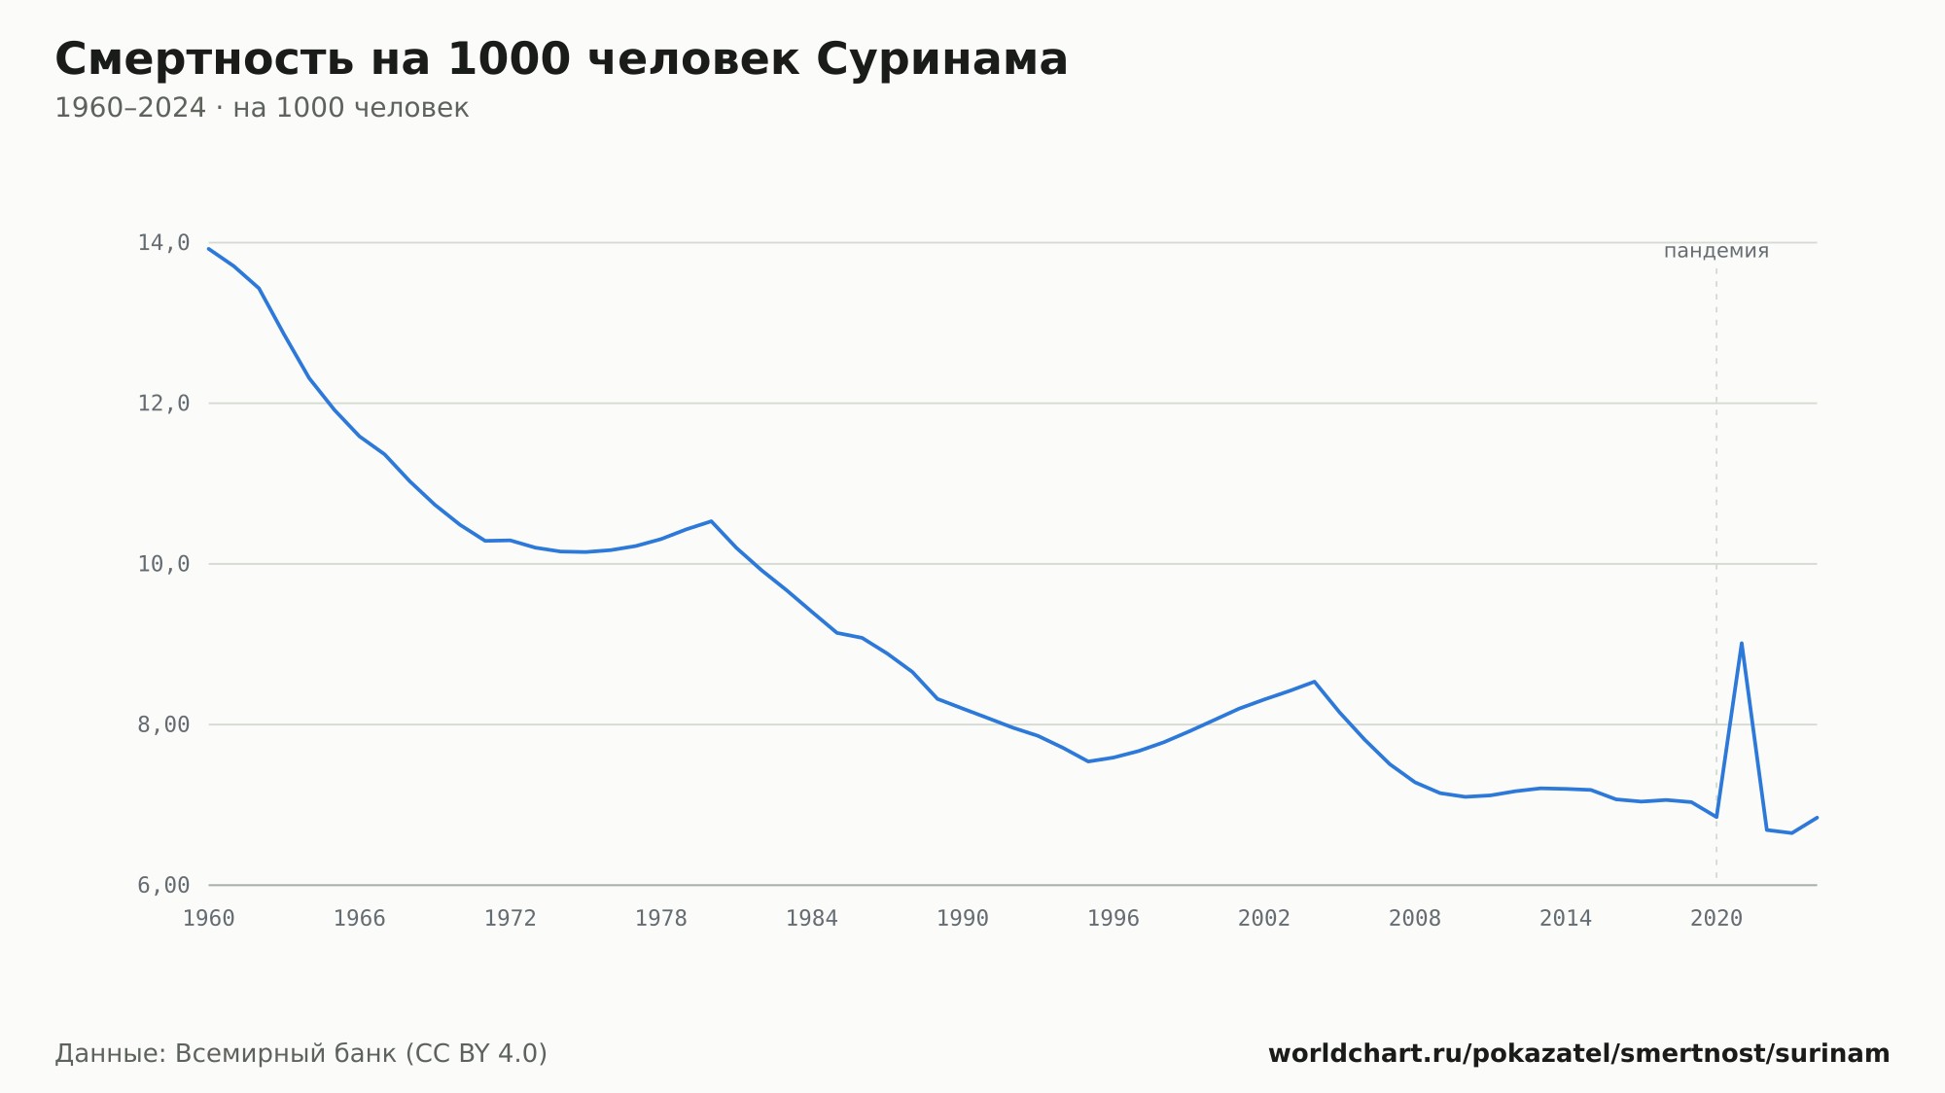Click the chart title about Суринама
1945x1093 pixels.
[x=561, y=60]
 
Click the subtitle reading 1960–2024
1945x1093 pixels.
[x=262, y=108]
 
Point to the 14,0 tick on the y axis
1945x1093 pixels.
[x=163, y=243]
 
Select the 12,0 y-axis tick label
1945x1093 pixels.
[x=163, y=404]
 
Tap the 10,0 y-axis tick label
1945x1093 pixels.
[x=163, y=564]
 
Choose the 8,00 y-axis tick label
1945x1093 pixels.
[x=163, y=724]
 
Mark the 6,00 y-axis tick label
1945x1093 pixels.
[x=163, y=885]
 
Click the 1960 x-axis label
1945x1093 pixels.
[x=209, y=919]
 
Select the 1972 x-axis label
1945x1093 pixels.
[x=511, y=919]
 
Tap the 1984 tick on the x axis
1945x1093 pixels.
[x=812, y=919]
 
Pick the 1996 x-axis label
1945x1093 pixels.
[x=1114, y=919]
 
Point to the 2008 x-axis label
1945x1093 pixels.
[x=1415, y=919]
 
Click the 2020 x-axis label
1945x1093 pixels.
[x=1716, y=919]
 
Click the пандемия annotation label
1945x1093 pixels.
[x=1716, y=251]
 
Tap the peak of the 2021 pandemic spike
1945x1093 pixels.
[x=1741, y=643]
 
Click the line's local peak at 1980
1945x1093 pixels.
[x=711, y=521]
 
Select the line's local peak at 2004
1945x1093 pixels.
[x=1314, y=682]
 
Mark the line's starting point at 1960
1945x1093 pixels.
[x=209, y=249]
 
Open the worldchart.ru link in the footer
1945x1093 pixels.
[x=1579, y=1054]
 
